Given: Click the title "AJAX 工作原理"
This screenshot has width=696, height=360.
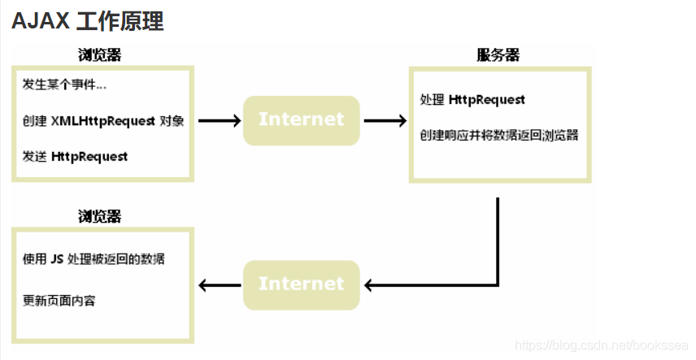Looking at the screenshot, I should [88, 22].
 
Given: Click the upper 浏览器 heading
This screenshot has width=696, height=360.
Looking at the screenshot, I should [100, 55].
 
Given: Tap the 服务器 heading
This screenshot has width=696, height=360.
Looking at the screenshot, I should [498, 55].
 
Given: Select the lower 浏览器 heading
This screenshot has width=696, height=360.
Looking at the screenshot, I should [100, 217].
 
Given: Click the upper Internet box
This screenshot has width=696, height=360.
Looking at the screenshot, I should [301, 120].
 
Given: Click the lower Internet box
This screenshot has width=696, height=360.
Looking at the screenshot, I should [301, 284].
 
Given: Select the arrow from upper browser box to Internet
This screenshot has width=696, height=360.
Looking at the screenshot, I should [220, 121].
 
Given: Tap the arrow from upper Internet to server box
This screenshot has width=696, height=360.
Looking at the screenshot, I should [385, 121].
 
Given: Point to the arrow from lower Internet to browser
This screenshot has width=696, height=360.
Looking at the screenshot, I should [220, 285].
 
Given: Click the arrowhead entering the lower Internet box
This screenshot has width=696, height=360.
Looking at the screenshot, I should [369, 285].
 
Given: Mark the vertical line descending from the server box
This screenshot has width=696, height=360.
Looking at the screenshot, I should [497, 236].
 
